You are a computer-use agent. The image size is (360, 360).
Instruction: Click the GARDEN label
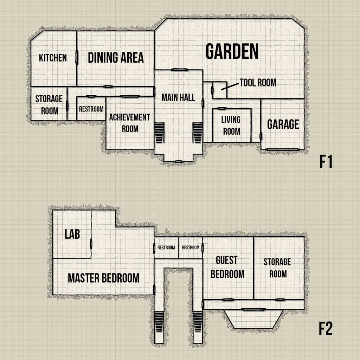[232, 52]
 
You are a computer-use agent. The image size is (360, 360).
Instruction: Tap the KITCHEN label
[53, 58]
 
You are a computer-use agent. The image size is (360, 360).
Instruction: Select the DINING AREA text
[116, 58]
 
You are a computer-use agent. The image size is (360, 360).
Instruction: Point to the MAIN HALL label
[178, 97]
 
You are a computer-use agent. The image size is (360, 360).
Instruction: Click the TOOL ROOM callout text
[258, 83]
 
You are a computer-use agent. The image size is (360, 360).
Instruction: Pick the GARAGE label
[283, 124]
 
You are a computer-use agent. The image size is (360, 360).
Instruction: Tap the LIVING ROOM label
[231, 126]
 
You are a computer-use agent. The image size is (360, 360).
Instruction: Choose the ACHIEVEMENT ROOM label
[130, 123]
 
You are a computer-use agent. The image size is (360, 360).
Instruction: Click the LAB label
[72, 234]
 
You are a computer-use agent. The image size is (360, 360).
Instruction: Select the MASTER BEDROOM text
[103, 278]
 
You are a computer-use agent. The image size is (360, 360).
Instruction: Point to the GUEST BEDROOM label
[227, 267]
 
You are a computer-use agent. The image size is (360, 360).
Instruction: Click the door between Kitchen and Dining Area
[77, 58]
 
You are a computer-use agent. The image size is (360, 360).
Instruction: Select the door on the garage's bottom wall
[276, 149]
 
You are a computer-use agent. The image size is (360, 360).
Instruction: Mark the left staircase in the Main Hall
[160, 133]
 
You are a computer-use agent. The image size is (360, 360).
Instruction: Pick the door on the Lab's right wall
[91, 244]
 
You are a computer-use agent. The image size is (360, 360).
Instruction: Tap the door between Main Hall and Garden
[179, 70]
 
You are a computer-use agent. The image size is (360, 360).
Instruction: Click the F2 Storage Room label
[277, 268]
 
